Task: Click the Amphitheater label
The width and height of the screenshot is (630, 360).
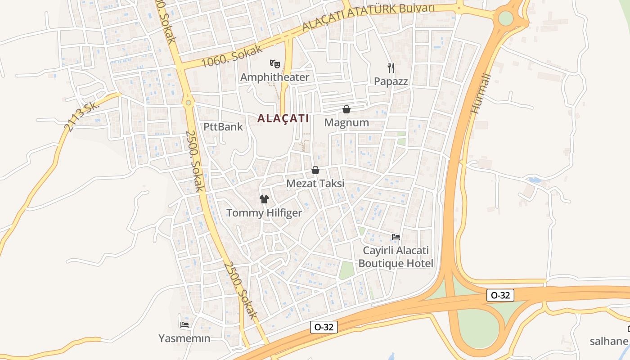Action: (274, 77)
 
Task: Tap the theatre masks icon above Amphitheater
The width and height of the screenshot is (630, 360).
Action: (274, 64)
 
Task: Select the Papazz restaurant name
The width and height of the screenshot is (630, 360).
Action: (391, 81)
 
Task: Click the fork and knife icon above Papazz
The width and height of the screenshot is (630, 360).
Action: (391, 68)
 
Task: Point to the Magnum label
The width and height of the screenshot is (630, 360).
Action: (346, 122)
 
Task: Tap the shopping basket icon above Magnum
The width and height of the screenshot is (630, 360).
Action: (346, 109)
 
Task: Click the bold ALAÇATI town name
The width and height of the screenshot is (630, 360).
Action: (283, 119)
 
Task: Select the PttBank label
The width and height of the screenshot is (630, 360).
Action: (223, 127)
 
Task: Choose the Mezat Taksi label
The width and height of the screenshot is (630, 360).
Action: (315, 184)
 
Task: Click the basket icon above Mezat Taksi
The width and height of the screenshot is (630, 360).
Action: (315, 171)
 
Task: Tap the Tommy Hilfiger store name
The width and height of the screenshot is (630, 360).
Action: (264, 213)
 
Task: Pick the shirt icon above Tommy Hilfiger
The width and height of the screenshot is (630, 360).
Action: (264, 199)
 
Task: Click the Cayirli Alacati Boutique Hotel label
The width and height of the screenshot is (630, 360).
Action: (396, 257)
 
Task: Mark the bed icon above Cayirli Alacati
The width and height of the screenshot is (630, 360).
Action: (396, 237)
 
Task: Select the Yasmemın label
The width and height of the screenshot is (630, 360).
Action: (184, 338)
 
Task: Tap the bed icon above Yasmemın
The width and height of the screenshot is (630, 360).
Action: (184, 324)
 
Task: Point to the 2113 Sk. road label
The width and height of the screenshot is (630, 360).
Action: (81, 117)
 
